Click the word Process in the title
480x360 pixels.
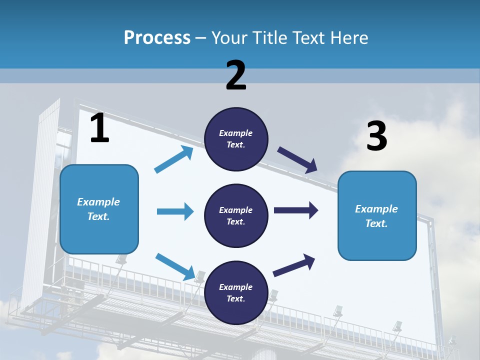(x=157, y=38)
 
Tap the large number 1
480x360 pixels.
(x=99, y=128)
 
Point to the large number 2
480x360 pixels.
(x=236, y=75)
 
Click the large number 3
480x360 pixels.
(x=376, y=136)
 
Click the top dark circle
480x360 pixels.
(x=236, y=139)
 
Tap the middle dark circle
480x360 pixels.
(x=236, y=215)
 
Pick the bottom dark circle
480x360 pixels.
(x=236, y=292)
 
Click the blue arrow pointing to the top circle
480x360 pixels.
(x=174, y=159)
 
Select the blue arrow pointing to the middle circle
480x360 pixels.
(x=175, y=211)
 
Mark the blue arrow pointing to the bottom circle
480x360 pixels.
(x=175, y=267)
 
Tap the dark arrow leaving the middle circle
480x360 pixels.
(x=296, y=210)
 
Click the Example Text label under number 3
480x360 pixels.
(x=376, y=216)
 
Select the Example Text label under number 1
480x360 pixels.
(x=98, y=209)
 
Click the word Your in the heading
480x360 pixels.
(x=231, y=38)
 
